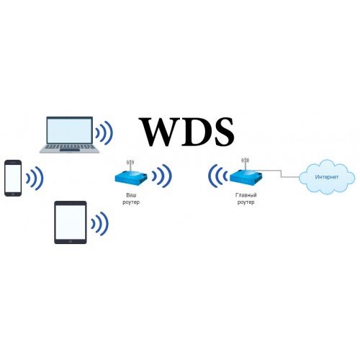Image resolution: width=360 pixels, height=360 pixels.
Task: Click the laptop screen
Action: [x=69, y=131]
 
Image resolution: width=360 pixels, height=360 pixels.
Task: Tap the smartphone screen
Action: [x=13, y=178]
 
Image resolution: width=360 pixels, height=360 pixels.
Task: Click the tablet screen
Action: [x=71, y=222]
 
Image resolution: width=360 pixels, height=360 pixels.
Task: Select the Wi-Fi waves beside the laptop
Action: [x=104, y=132]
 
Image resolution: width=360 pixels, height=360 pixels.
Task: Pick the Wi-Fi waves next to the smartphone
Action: [x=35, y=178]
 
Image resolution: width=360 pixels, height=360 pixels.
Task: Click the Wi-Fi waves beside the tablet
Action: [x=99, y=223]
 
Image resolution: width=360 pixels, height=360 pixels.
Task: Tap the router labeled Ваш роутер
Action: [x=131, y=178]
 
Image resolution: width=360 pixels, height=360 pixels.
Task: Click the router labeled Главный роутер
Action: [x=246, y=178]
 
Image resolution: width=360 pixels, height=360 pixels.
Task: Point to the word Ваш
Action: [x=131, y=195]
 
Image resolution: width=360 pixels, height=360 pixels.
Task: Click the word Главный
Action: [x=246, y=195]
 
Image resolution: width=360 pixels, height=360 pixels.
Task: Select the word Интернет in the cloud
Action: [x=327, y=177]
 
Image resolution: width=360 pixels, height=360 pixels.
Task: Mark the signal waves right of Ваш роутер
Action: [x=162, y=176]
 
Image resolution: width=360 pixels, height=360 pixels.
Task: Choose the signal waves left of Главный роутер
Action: [x=217, y=176]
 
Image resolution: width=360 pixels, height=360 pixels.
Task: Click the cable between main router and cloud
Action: [x=281, y=174]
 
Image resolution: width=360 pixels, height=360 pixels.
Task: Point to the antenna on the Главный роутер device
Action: [x=245, y=163]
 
